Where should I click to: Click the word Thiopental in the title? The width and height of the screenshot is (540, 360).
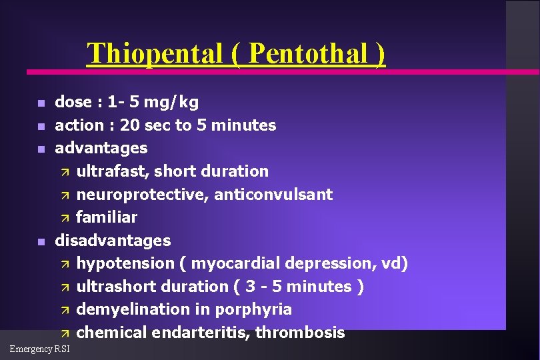click(x=155, y=53)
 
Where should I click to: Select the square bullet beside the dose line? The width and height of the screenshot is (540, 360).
click(x=41, y=103)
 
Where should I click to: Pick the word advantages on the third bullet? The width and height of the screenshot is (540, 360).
click(x=101, y=148)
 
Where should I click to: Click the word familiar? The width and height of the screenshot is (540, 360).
click(x=107, y=217)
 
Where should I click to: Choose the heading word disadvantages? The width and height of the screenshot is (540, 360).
click(x=113, y=240)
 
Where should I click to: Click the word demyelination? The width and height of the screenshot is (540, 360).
click(x=135, y=309)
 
